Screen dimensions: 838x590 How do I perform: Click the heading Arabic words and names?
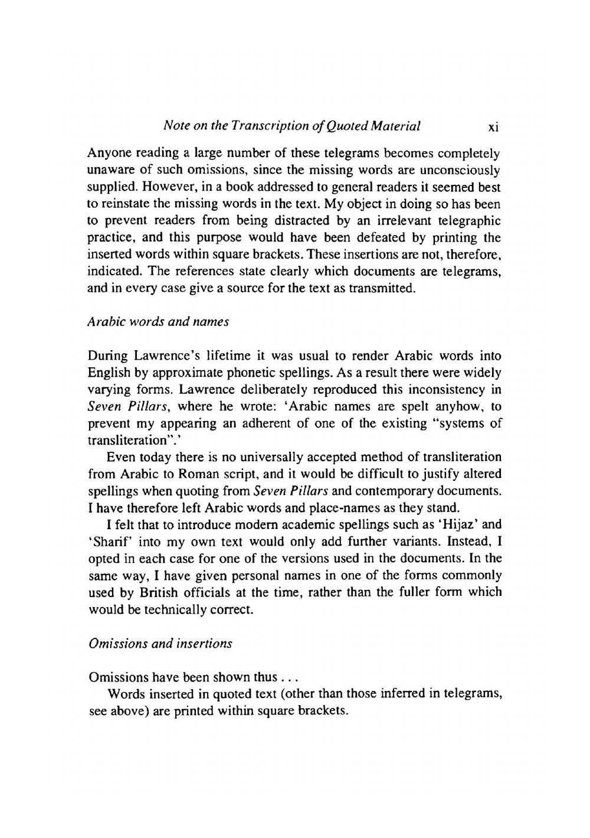[158, 322]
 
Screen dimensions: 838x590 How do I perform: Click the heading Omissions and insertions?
[160, 643]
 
